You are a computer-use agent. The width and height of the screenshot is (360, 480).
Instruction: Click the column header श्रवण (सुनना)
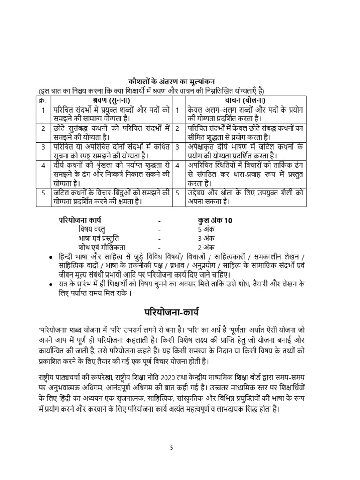pos(112,100)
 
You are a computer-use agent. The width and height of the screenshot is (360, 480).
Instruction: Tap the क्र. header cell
pos(43,100)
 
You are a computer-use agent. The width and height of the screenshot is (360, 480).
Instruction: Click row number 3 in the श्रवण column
pos(43,146)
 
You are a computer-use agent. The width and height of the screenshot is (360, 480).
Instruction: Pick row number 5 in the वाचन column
pos(178,192)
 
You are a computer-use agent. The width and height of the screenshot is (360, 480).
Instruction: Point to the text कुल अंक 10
pos(215,220)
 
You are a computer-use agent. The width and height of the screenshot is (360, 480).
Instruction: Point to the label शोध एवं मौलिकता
pos(103,247)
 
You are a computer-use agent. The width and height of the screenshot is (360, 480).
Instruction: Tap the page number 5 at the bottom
pos(172,448)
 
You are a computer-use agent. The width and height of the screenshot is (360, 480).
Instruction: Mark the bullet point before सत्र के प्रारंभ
pos(51,284)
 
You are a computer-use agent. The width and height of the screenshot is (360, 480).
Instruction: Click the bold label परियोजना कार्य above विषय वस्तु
pos(79,220)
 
